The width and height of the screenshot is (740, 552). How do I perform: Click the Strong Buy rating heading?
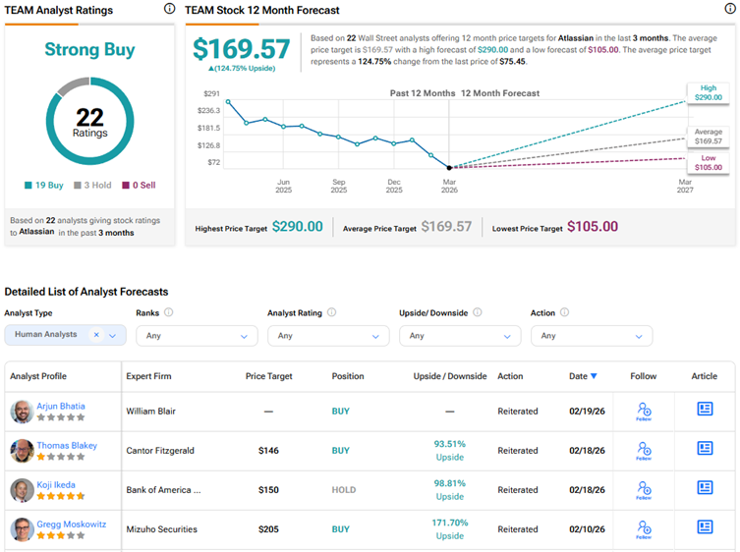click(90, 49)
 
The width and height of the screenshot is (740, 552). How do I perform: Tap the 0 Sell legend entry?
click(139, 185)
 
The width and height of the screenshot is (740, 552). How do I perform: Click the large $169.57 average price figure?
click(241, 50)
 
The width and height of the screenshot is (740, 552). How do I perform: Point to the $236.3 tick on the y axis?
click(208, 111)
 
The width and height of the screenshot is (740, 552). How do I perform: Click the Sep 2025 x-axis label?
click(338, 187)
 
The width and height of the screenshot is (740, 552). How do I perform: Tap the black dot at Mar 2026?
click(449, 168)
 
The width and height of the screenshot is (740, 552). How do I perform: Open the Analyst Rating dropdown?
click(328, 336)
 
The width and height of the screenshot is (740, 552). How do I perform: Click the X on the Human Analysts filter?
click(96, 335)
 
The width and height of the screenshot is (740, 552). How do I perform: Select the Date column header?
click(582, 376)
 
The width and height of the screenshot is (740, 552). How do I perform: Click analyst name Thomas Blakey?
click(67, 445)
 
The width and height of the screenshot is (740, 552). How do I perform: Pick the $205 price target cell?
click(268, 529)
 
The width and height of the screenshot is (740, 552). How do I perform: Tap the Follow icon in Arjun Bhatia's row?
click(644, 411)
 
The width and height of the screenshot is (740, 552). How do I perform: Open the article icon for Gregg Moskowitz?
click(705, 527)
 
